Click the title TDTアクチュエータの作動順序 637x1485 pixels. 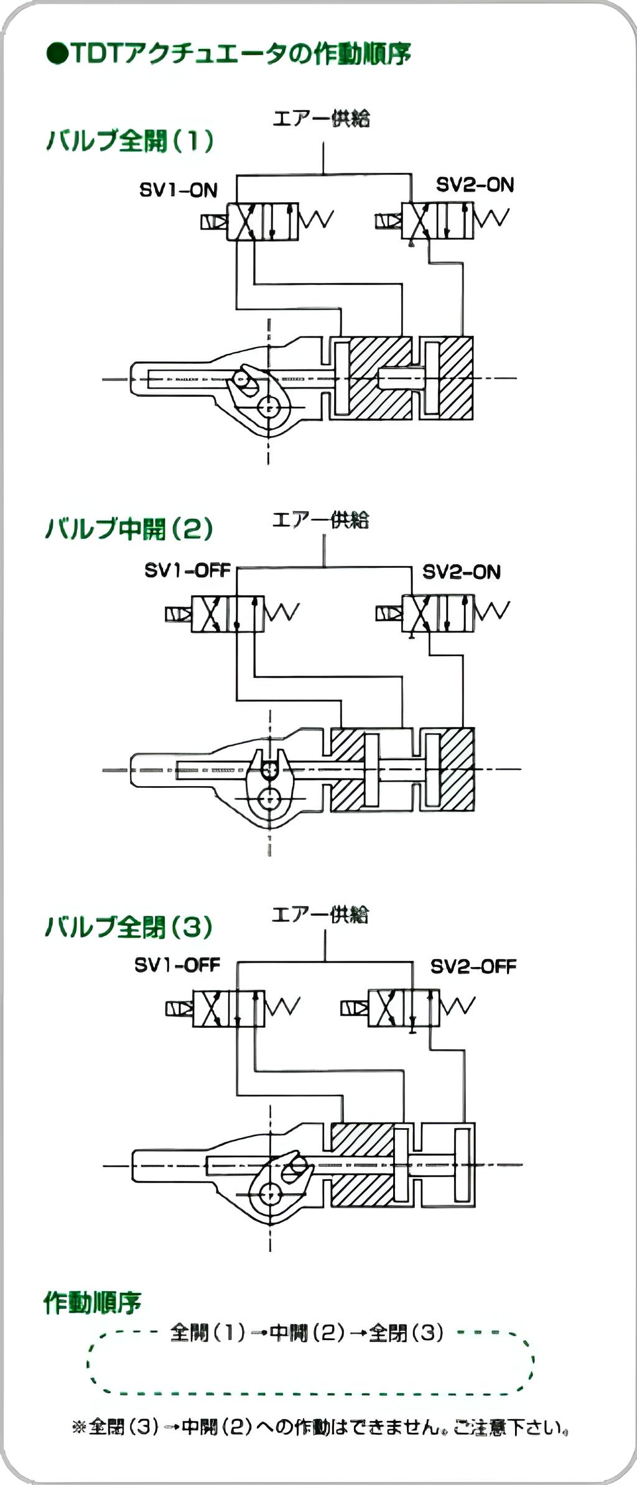click(x=239, y=54)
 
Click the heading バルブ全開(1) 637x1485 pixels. click(x=130, y=141)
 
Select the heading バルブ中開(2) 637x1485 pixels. click(x=129, y=529)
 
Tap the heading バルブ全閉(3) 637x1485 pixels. click(x=129, y=927)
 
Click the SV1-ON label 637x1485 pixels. click(x=179, y=190)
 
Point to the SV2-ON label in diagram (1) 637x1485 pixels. click(x=475, y=185)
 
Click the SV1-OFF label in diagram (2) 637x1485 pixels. click(x=187, y=570)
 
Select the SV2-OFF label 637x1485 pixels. click(x=473, y=966)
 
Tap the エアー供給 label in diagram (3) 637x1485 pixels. click(x=320, y=915)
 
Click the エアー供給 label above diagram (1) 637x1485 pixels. click(x=322, y=118)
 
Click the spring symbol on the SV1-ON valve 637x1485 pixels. click(x=317, y=220)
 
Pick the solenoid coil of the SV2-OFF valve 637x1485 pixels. click(x=354, y=1007)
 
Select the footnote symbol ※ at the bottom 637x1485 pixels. click(x=78, y=1427)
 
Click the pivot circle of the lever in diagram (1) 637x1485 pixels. click(x=269, y=408)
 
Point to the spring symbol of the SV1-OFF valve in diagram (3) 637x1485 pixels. click(x=283, y=1006)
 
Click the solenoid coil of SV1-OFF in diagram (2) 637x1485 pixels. click(x=178, y=614)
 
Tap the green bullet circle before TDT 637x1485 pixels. click(x=57, y=54)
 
